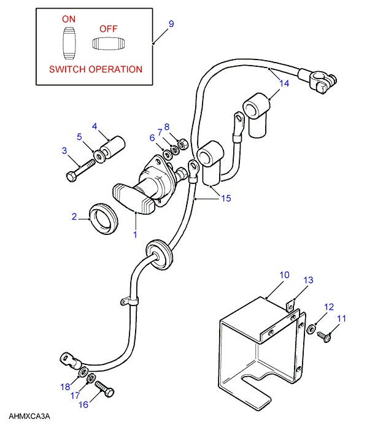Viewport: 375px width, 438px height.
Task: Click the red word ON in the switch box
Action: click(69, 19)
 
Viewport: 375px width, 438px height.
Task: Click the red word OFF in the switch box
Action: click(109, 29)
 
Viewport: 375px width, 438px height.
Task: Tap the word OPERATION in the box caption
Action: click(115, 69)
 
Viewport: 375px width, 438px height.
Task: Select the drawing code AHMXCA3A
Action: click(29, 416)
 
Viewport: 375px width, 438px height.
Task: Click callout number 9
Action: click(171, 24)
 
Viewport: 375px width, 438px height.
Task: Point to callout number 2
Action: click(74, 217)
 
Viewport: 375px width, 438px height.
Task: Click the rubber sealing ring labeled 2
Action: click(103, 218)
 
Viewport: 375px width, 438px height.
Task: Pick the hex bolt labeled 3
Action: click(80, 170)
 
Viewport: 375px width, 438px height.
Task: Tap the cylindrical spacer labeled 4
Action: click(112, 148)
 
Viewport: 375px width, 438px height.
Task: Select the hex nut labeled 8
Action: click(183, 145)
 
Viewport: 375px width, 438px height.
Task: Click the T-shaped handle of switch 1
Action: click(134, 198)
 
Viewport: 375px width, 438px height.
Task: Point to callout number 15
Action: click(226, 198)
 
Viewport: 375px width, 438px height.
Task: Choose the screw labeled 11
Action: click(324, 336)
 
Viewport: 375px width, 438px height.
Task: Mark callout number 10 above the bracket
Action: click(284, 275)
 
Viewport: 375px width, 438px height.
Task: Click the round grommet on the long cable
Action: click(159, 254)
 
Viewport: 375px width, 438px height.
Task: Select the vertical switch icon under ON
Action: click(69, 44)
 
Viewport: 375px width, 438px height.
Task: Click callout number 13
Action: click(309, 280)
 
